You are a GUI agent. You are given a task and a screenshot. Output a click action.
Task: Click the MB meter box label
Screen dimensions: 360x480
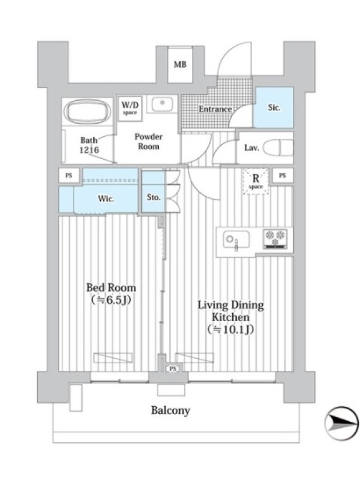coord(180,64)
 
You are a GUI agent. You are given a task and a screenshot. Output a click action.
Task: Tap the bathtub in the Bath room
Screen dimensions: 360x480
coord(88,113)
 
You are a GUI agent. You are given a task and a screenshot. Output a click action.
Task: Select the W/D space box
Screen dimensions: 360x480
coord(130,109)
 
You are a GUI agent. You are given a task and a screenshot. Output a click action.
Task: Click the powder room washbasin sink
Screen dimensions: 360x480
coord(161,103)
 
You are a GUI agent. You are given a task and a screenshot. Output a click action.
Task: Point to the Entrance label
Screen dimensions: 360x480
coord(215,109)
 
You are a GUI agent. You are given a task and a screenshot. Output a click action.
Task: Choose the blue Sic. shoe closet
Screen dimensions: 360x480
coord(274,107)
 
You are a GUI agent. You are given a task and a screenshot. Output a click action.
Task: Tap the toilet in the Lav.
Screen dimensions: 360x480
coord(278,148)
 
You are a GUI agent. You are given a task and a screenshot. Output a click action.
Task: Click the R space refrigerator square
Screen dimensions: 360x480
coord(256,181)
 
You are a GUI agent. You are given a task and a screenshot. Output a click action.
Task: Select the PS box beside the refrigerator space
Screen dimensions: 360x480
coord(282,175)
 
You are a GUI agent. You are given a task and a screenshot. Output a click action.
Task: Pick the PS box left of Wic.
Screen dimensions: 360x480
coord(69,175)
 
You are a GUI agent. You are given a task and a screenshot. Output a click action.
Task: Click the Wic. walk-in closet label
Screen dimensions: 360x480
coord(106,199)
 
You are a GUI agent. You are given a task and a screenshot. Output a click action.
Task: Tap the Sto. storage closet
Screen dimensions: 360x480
coord(153,191)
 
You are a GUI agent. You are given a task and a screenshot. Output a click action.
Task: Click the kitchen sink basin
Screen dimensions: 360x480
coord(236,239)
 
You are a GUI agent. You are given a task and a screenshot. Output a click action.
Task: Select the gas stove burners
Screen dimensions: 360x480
coord(275,238)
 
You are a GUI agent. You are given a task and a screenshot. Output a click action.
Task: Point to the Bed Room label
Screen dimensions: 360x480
coord(111,287)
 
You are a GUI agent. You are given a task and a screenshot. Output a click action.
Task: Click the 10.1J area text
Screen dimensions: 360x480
coord(230,329)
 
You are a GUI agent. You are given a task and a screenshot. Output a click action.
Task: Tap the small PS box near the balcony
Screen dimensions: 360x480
coord(173,369)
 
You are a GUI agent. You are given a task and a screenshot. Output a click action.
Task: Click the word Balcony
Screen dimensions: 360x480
coord(170,410)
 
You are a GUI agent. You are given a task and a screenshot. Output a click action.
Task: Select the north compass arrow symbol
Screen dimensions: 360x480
coord(341,424)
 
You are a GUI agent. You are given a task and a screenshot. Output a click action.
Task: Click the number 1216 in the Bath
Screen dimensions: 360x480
coord(89,149)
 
